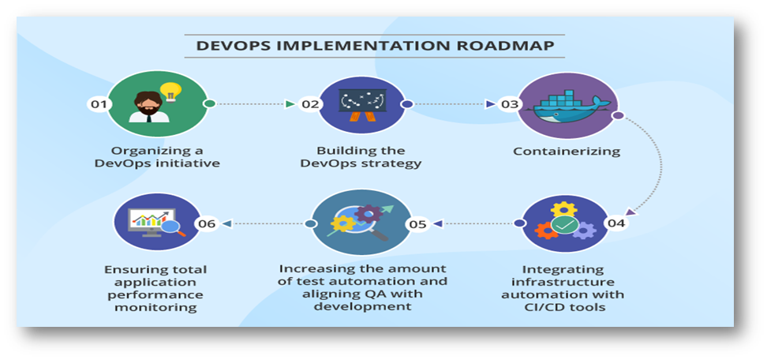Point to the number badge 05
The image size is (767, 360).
417,224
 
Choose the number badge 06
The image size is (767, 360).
207,224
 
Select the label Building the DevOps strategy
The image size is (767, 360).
361,157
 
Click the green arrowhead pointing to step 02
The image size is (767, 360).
289,104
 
